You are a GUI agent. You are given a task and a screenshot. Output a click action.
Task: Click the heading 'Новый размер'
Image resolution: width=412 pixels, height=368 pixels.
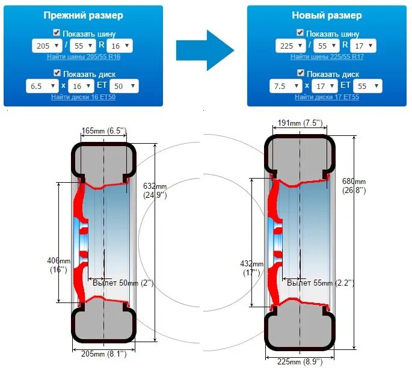(327, 15)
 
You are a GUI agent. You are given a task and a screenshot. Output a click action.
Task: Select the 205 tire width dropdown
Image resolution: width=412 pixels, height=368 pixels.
(47, 46)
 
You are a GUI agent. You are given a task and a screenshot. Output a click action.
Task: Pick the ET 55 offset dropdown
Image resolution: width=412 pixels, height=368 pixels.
(368, 86)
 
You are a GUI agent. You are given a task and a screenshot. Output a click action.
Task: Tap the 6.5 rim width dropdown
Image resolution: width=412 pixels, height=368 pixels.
(43, 86)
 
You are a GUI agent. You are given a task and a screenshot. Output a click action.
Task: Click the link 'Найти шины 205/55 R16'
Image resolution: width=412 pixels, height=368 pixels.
(83, 57)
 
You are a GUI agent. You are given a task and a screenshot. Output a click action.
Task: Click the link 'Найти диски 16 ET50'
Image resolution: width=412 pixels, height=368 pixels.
(83, 97)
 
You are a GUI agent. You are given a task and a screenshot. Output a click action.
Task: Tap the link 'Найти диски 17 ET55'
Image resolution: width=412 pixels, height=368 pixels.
(327, 97)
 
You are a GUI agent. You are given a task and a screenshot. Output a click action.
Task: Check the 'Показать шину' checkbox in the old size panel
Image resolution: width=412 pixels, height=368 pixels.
(57, 33)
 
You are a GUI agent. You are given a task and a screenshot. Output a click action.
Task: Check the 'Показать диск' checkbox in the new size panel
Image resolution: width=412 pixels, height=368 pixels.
(301, 73)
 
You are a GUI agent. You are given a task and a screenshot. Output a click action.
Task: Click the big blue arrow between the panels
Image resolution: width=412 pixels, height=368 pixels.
(204, 50)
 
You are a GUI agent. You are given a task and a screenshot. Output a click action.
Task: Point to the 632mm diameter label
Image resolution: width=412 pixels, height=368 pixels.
(156, 189)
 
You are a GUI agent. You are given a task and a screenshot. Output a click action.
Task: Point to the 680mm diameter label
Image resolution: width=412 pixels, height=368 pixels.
(353, 185)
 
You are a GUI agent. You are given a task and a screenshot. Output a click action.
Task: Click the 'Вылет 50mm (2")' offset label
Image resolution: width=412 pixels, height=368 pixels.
(123, 283)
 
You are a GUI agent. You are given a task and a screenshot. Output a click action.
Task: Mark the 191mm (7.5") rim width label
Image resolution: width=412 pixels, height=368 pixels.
(300, 123)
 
